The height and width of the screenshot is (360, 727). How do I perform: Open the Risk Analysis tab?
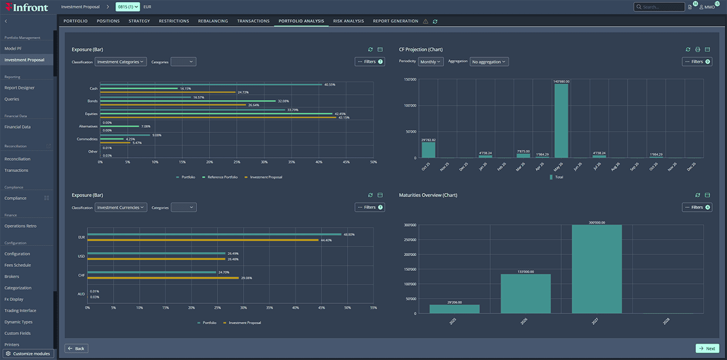pos(348,21)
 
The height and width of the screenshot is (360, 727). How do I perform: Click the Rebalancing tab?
pos(213,21)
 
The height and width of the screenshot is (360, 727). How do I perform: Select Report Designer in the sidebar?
pos(19,88)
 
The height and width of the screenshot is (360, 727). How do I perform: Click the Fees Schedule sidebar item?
pos(18,265)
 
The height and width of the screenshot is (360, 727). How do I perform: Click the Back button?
pos(77,349)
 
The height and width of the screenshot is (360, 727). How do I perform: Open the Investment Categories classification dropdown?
pos(120,62)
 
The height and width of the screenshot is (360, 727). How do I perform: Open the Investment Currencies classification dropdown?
pos(120,208)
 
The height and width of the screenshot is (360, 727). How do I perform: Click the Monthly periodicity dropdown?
pos(431,62)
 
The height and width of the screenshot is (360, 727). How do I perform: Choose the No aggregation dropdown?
pos(488,62)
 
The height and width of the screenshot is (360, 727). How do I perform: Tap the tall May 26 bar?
pos(561,120)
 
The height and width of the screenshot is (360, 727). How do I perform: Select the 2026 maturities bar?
pos(525,294)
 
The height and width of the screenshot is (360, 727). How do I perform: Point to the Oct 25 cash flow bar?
pos(428,150)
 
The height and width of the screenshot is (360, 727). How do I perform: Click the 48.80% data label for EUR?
pos(349,234)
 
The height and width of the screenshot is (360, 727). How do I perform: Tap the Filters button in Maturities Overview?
pos(697,208)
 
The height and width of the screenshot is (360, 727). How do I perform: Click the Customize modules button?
pos(28,354)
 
